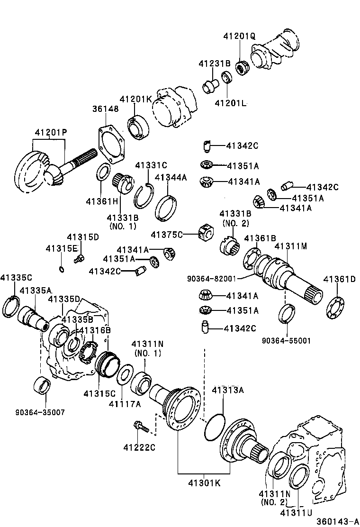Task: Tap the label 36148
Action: point(105,109)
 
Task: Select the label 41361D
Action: point(339,279)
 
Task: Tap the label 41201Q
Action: point(239,36)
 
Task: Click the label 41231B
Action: point(214,63)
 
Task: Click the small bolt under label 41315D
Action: point(79,258)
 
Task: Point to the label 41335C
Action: point(16,278)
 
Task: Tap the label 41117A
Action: point(125,404)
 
